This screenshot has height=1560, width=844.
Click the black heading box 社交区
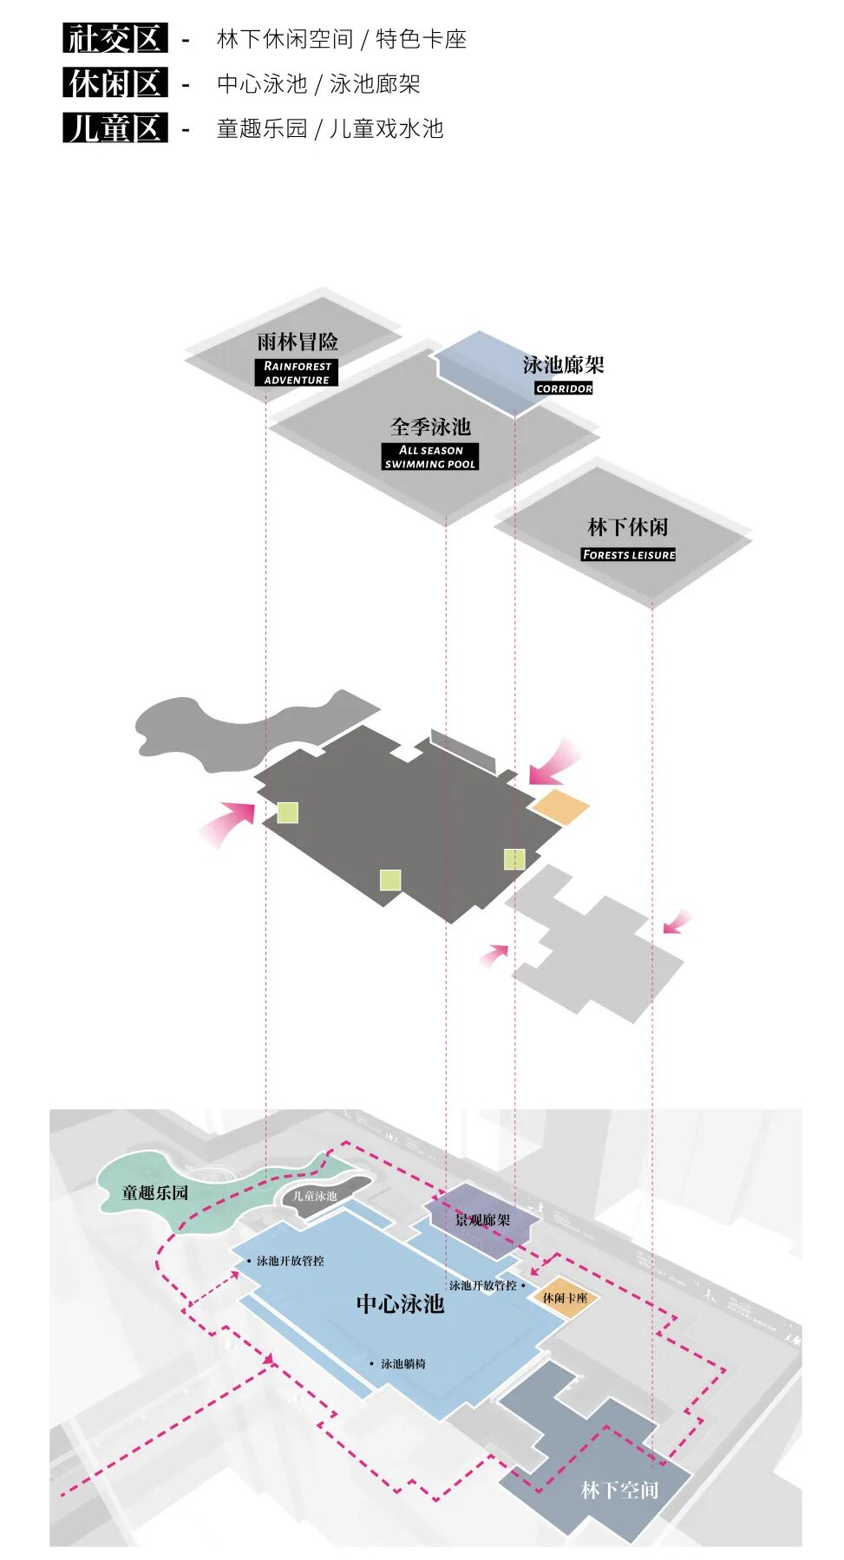coord(115,38)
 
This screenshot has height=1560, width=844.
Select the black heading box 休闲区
coord(115,83)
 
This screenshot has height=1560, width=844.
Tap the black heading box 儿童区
coord(115,128)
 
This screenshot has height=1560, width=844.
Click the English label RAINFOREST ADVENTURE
coord(297,373)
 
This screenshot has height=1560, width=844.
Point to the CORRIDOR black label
coord(564,388)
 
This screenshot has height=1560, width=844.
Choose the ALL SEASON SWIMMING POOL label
coord(430,457)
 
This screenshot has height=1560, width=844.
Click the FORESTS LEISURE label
coord(629,555)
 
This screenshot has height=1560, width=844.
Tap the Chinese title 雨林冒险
coord(298,342)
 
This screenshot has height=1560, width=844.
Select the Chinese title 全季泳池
coord(430,427)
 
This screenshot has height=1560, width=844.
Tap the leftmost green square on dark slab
coord(287,813)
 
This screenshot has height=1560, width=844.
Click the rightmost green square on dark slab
coord(514,858)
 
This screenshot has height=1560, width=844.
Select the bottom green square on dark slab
coord(390,880)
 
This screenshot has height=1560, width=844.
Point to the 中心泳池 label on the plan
coord(400,1304)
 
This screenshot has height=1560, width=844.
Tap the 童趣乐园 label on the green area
coord(155,1192)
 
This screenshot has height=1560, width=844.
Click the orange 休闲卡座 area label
coord(565,1298)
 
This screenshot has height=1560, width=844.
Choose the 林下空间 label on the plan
coord(619,1490)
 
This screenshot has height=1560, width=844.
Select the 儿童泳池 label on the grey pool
coord(314,1196)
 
